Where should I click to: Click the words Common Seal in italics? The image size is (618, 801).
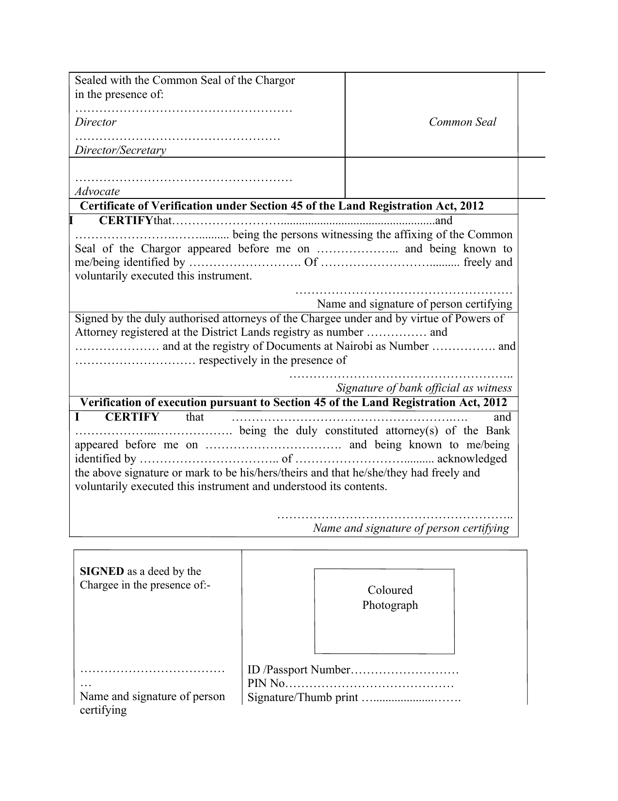[x=462, y=122]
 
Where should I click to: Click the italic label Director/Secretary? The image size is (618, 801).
[x=120, y=150]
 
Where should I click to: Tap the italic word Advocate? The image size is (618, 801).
[x=97, y=191]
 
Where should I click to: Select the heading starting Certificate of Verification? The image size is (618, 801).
[x=282, y=206]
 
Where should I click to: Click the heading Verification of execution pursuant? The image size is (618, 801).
[x=293, y=402]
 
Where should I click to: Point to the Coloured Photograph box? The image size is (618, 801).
[x=384, y=611]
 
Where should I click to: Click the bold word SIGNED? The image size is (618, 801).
[x=102, y=571]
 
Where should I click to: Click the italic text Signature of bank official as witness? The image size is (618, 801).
[x=424, y=388]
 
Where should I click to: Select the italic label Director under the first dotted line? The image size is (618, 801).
[x=95, y=122]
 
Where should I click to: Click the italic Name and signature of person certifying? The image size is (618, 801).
[x=411, y=528]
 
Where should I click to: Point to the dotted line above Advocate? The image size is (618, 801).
[x=183, y=179]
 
